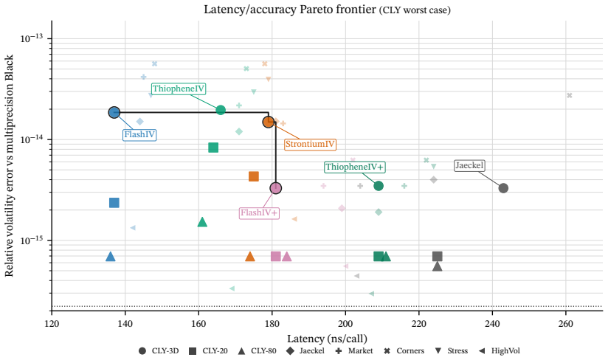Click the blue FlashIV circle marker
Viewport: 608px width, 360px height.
tap(114, 112)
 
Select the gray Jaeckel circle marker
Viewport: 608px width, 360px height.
tap(503, 188)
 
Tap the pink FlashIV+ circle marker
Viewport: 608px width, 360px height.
tap(276, 188)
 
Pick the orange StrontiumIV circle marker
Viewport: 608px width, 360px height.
tap(269, 122)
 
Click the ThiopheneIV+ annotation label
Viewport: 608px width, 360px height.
tap(354, 167)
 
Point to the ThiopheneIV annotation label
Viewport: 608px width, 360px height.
tap(179, 89)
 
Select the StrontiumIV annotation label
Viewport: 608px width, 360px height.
tap(310, 145)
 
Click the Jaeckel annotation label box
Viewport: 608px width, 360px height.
tap(469, 165)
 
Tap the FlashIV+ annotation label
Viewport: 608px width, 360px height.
tap(259, 212)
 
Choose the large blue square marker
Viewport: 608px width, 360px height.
tap(114, 203)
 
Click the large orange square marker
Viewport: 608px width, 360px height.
tap(254, 177)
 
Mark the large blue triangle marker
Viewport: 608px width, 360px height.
tap(111, 257)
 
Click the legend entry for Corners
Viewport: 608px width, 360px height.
tap(405, 350)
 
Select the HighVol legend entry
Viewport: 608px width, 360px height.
tap(500, 350)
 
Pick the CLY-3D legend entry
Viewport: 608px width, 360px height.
tap(159, 350)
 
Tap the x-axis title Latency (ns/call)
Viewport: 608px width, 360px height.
tap(328, 339)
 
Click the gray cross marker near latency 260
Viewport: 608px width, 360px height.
tap(569, 96)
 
